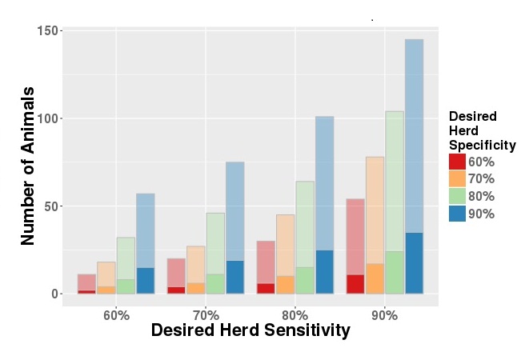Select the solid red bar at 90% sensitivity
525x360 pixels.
click(355, 284)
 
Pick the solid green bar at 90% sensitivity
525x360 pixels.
click(395, 273)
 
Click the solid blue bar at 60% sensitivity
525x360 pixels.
click(145, 281)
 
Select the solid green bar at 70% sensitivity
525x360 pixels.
click(215, 284)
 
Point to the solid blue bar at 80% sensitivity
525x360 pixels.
click(324, 272)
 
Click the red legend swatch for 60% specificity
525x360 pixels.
click(457, 162)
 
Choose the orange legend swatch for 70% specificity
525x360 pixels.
click(457, 178)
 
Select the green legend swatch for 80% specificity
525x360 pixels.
click(457, 196)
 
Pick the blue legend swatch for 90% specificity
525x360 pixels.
click(457, 214)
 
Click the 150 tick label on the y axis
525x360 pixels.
click(48, 31)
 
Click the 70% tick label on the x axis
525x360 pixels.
click(206, 314)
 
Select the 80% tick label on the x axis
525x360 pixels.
click(295, 314)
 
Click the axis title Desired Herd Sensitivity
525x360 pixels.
click(250, 330)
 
